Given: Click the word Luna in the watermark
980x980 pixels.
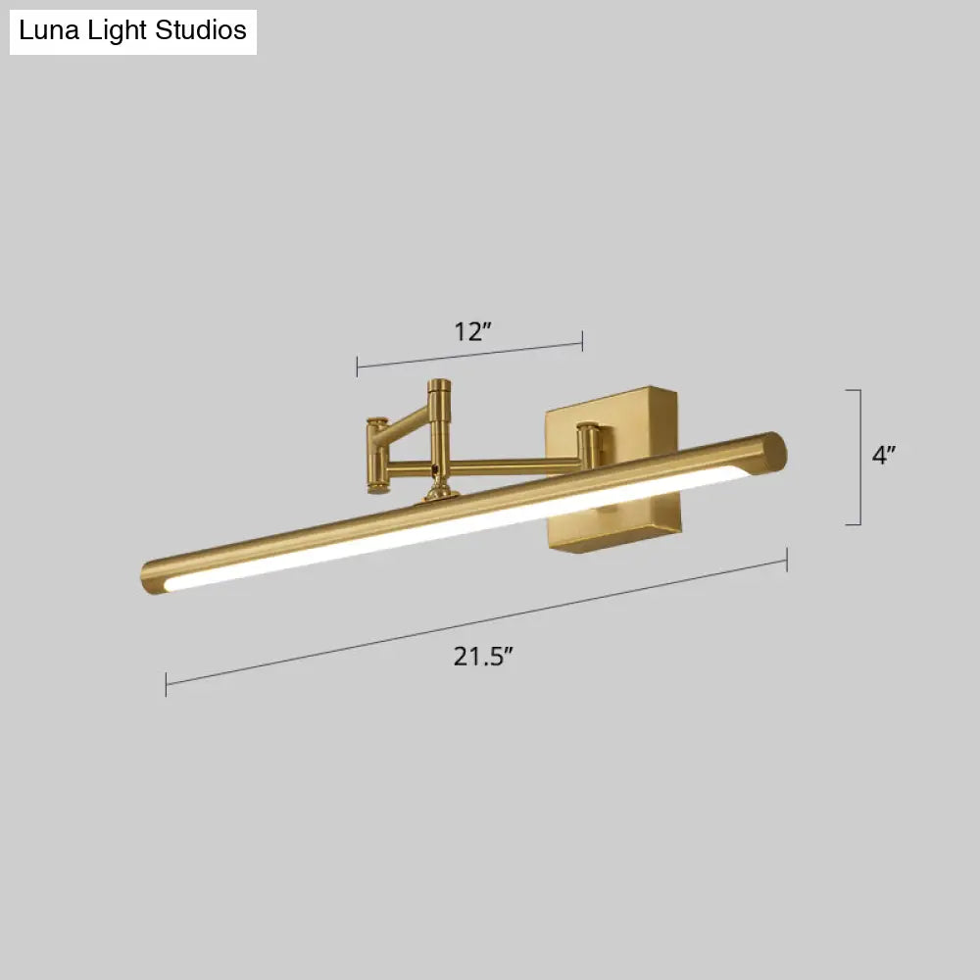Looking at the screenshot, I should pos(46,30).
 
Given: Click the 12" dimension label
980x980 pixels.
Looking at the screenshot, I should pos(471,331).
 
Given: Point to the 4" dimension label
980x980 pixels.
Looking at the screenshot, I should pos(884,454).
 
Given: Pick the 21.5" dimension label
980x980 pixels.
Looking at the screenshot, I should pos(483,657).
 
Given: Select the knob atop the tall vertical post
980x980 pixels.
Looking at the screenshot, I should pos(440,386).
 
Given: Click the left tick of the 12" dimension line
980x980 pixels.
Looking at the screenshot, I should pos(358,367).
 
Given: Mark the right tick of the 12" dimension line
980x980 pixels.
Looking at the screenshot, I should pos(583,341).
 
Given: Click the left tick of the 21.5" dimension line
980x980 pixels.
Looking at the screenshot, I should pos(167,684).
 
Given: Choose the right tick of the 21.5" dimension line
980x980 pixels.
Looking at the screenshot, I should pos(787,560).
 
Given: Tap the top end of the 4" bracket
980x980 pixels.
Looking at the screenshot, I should pos(854,390).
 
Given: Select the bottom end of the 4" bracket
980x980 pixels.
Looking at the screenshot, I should pos(854,524).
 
